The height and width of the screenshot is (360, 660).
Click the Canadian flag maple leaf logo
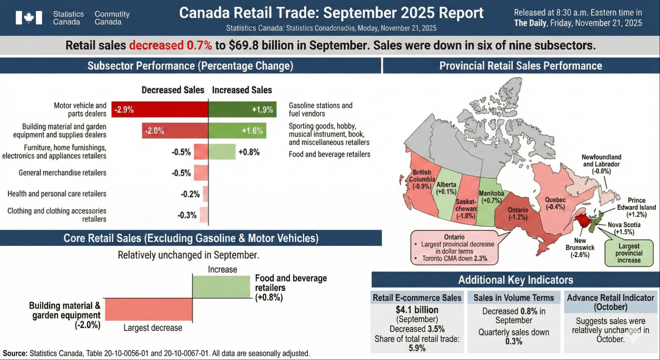[29, 18]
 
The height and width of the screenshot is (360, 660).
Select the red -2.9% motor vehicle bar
[160, 110]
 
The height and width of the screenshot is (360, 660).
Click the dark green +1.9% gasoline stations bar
[242, 110]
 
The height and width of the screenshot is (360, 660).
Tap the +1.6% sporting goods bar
[237, 131]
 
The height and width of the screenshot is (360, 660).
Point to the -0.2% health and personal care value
[190, 194]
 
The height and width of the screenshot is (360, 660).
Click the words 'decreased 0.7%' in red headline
[171, 45]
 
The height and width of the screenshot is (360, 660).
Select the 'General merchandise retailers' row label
[62, 173]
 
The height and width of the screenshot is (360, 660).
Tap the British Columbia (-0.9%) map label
[422, 179]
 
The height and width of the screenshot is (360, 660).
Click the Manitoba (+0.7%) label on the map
[491, 197]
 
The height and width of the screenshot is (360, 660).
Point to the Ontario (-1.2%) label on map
[518, 214]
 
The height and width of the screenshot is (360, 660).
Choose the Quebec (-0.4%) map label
[555, 203]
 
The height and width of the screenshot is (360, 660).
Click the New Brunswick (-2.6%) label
[580, 248]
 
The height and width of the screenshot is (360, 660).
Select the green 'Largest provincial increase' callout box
[629, 253]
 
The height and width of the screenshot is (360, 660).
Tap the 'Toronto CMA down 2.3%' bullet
[454, 259]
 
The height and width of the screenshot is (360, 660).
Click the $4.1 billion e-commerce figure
[417, 310]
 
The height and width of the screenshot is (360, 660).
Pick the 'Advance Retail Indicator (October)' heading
[610, 302]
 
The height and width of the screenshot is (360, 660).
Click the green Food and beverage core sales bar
[221, 287]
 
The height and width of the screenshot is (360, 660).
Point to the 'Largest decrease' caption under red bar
[153, 328]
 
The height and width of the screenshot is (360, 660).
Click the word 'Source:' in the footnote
[15, 353]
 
